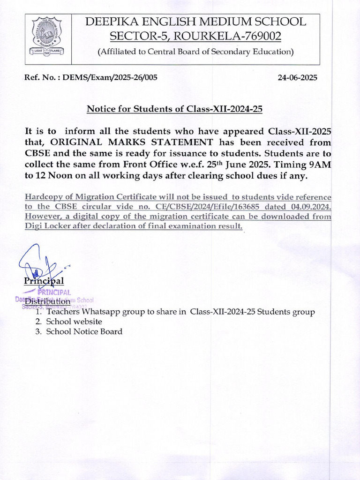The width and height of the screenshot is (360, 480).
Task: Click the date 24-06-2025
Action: pyautogui.click(x=297, y=78)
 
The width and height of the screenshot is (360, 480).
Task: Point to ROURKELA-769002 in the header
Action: pyautogui.click(x=234, y=36)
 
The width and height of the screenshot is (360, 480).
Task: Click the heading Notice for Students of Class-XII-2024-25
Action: pyautogui.click(x=174, y=109)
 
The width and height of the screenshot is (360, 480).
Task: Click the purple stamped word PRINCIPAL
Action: pyautogui.click(x=53, y=292)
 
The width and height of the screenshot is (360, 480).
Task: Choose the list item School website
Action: pyautogui.click(x=74, y=322)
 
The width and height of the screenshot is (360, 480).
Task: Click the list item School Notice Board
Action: pyautogui.click(x=84, y=331)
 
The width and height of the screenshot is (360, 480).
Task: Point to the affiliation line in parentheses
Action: pyautogui.click(x=195, y=52)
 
